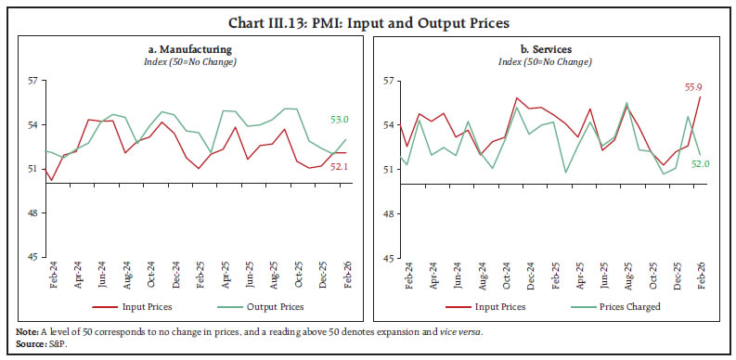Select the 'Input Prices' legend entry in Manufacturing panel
point(144,305)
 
